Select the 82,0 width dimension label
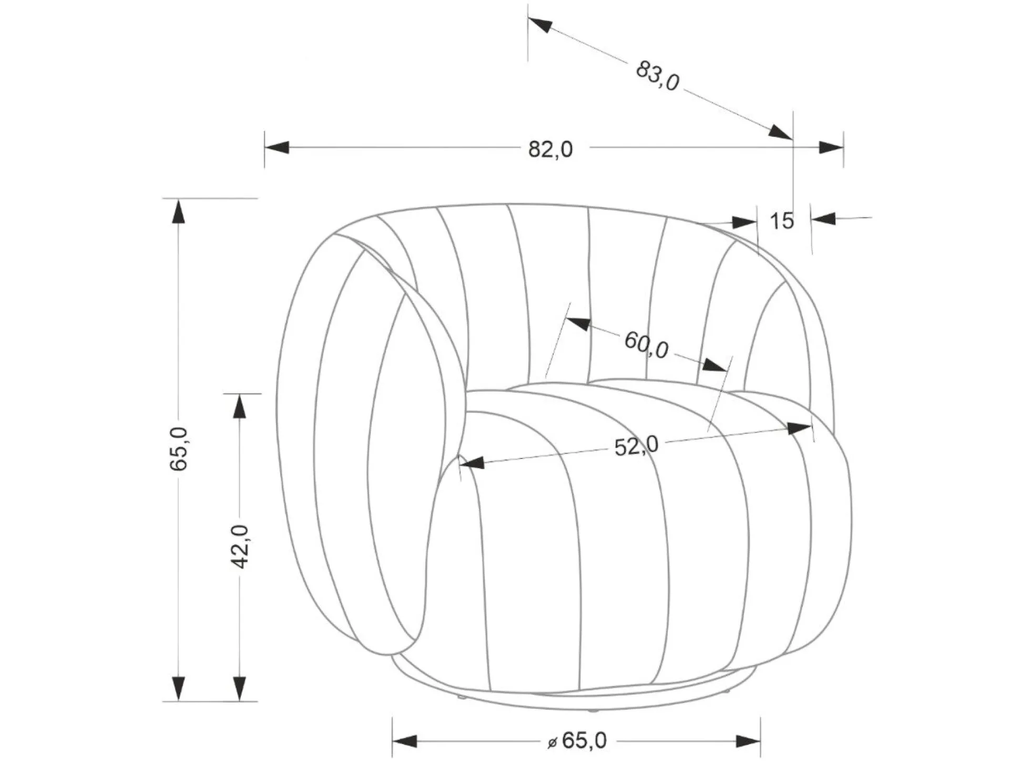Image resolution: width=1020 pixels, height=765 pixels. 550,150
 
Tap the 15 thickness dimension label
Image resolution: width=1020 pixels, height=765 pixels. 782,221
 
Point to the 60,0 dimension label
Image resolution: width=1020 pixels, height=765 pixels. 646,345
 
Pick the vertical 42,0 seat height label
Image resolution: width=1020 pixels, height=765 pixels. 240,546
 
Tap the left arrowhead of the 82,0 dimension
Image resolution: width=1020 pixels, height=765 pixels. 277,147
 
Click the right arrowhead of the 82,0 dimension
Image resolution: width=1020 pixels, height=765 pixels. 831,147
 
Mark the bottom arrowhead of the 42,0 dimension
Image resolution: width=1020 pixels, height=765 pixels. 240,688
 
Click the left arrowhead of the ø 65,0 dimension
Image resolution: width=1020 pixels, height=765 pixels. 405,741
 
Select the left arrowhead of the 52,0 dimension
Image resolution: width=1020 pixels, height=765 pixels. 472,463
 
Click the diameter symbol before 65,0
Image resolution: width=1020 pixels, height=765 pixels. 552,742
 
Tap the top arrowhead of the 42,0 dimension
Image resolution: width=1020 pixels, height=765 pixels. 240,406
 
